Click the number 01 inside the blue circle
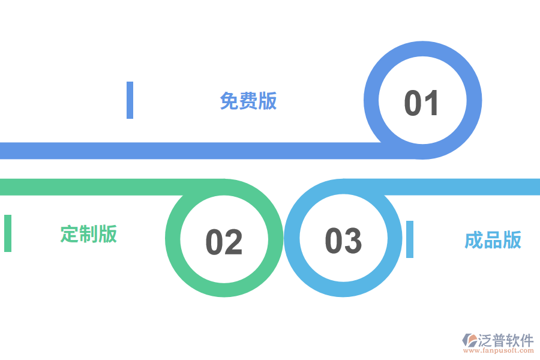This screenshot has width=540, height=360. tap(422, 103)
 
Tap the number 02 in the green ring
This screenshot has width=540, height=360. tap(224, 242)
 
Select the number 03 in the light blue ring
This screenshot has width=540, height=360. tap(343, 241)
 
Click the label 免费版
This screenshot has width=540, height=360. tap(248, 101)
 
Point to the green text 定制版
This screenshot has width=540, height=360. tap(89, 233)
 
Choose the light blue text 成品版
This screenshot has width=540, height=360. tap(493, 240)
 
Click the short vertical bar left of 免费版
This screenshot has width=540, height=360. tap(130, 100)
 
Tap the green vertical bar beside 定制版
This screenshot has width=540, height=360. tap(8, 233)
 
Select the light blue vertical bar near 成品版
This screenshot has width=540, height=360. tap(410, 239)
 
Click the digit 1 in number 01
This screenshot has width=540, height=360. tap(433, 103)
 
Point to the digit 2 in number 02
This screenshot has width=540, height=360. tap(234, 242)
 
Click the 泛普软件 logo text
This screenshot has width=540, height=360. tap(505, 341)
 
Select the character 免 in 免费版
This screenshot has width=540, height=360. tap(229, 101)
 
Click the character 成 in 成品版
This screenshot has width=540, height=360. tap(474, 240)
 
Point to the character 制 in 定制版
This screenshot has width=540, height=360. tap(89, 233)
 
